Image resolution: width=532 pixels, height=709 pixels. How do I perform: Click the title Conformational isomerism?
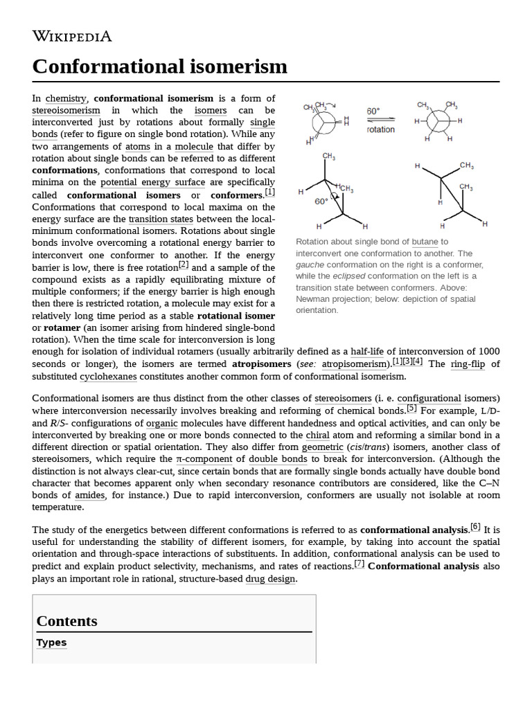pos(159,66)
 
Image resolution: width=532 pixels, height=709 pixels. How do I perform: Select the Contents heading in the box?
pos(66,621)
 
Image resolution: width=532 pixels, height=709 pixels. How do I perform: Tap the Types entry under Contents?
pos(51,643)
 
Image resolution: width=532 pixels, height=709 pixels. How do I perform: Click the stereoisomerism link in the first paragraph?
pos(66,111)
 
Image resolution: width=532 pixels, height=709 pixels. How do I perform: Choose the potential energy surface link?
pos(152,183)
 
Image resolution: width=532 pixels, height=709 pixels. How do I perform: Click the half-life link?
pos(371,351)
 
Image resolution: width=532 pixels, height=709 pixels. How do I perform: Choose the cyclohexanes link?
pos(109,376)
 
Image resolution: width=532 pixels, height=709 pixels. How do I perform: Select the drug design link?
pos(271,579)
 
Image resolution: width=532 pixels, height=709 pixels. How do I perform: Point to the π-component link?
pos(204,458)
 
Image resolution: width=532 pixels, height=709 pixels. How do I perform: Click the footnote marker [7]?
pos(360,564)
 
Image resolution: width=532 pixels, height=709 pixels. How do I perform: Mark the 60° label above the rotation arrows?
pos(373,111)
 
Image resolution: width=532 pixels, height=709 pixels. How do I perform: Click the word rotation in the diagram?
pos(380,129)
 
